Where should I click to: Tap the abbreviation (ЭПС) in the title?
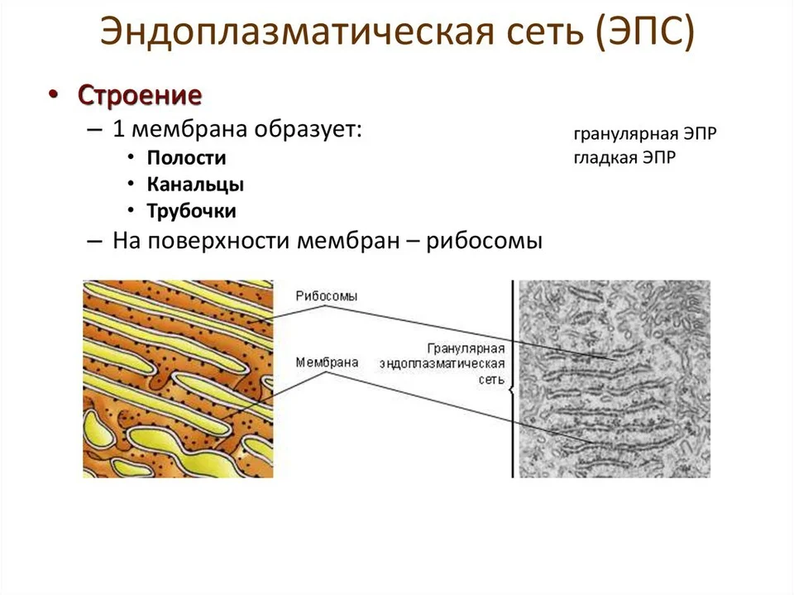click(644, 31)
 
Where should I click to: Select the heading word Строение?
click(140, 95)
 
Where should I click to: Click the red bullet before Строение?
click(53, 95)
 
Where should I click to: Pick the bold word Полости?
click(186, 157)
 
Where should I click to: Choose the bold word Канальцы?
click(195, 185)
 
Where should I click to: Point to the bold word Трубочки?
click(191, 211)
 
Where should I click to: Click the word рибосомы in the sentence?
click(484, 241)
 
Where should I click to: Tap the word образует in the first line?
click(308, 129)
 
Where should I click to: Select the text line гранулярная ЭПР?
click(645, 134)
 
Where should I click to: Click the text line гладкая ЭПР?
click(624, 157)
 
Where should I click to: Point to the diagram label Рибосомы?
click(327, 296)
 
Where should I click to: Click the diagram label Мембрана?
click(328, 362)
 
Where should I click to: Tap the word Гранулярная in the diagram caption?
click(466, 348)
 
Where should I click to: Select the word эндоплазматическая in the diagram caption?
click(442, 364)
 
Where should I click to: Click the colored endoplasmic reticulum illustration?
click(179, 378)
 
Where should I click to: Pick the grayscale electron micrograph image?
click(615, 378)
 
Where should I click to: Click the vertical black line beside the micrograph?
click(513, 378)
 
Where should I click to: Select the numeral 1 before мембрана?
click(118, 129)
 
